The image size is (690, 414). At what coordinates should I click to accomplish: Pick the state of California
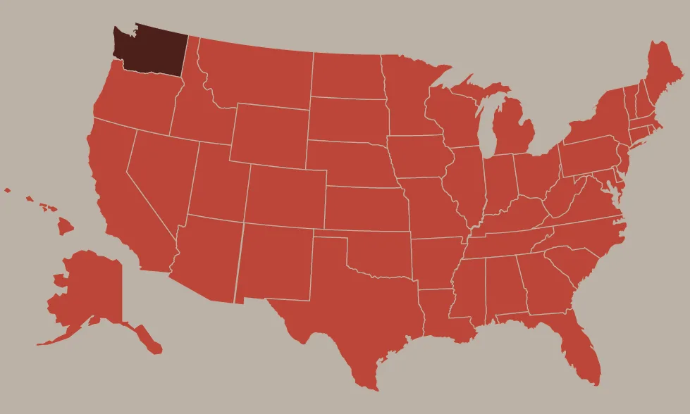(120, 197)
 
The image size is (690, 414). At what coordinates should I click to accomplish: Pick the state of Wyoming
(268, 134)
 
